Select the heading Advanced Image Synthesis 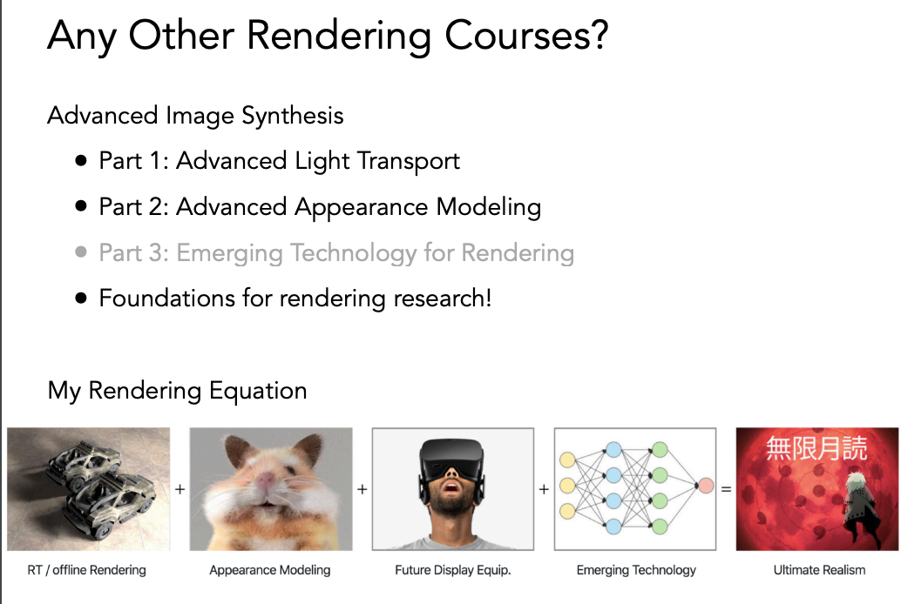195,116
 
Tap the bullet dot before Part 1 81,160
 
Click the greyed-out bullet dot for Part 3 81,252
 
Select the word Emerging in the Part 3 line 229,254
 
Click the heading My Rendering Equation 178,391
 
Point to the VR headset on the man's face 451,457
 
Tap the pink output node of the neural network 706,486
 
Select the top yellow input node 568,460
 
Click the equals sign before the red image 727,490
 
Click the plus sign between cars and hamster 180,489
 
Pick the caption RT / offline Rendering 87,570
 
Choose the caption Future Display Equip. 453,570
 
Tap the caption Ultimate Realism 819,570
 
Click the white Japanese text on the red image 816,448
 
